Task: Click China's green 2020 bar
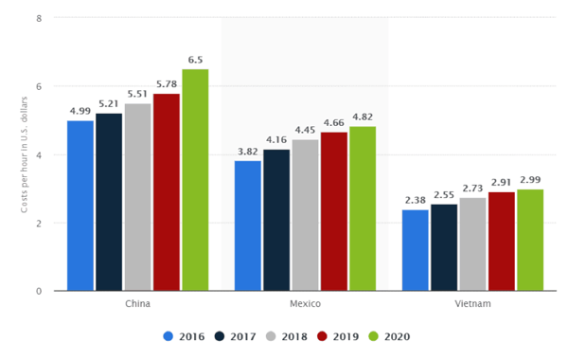tap(195, 180)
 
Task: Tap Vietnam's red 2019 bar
tap(502, 241)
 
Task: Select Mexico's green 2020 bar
tap(363, 208)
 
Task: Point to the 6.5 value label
tap(195, 60)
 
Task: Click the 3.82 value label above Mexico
tap(247, 152)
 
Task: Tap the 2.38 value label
tap(415, 200)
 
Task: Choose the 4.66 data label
tap(334, 122)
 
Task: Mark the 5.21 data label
tap(109, 103)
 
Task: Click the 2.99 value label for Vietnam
tap(530, 179)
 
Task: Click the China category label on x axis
tap(137, 304)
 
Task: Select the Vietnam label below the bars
tap(472, 304)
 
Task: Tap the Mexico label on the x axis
tap(305, 304)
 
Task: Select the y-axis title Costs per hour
tap(25, 154)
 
